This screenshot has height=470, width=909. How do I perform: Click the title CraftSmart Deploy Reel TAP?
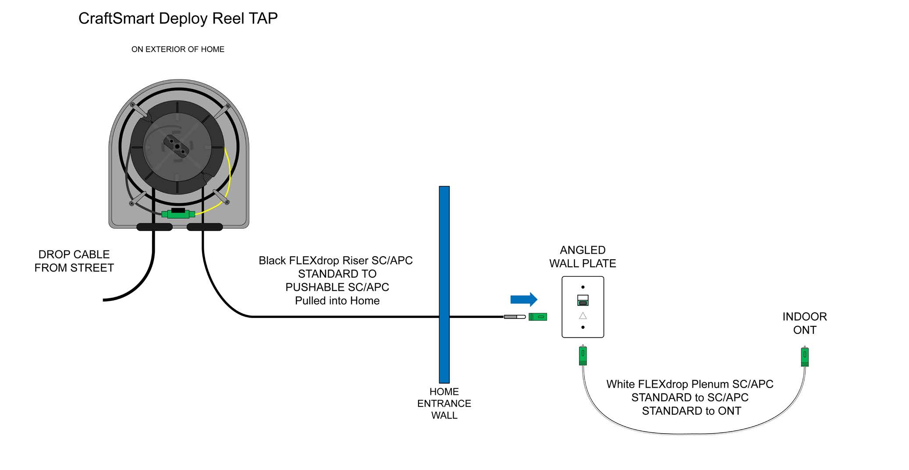coord(178,18)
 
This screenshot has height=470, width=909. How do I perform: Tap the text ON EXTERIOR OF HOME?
coord(178,49)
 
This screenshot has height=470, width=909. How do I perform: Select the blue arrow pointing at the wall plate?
coord(523,300)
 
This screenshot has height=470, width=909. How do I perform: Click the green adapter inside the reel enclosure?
coord(178,214)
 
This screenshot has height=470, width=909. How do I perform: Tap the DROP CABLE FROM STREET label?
coord(74,261)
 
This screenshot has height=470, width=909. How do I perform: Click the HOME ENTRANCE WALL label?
coord(444,403)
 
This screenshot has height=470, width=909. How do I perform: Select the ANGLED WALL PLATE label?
coord(582,257)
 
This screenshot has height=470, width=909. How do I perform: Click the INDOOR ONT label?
coord(804,323)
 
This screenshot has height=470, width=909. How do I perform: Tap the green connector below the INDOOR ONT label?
coord(804,357)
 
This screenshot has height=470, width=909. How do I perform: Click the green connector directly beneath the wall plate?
coord(582,355)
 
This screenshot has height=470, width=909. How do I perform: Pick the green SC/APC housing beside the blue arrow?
coord(538,317)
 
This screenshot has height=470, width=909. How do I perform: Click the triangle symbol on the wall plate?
coord(582,316)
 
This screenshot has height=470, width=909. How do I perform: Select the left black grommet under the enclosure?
coord(154,227)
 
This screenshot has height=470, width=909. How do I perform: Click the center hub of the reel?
coord(177,146)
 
